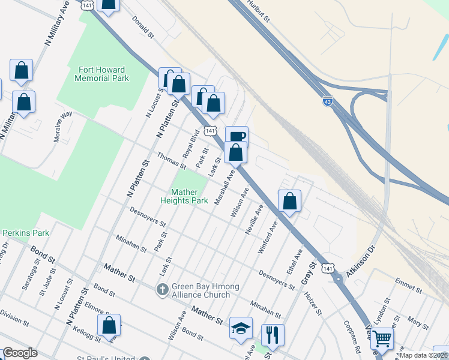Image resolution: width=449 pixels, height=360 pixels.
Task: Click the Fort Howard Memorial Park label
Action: point(103,74)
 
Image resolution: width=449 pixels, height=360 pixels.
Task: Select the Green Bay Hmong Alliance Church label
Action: point(200,290)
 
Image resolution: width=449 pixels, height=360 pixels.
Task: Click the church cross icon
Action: point(162,290)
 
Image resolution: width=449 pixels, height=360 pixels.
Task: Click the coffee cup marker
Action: point(237,136)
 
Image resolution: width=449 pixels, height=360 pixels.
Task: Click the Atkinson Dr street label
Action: point(362,262)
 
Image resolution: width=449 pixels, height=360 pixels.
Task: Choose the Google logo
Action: point(20,353)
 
